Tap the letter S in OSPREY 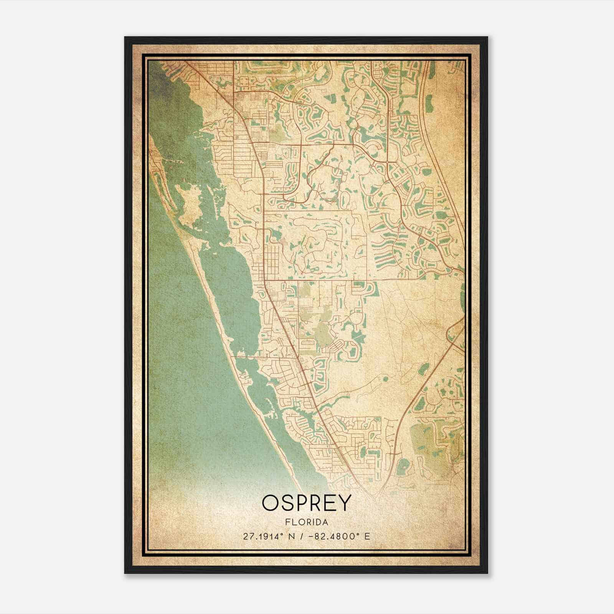288,503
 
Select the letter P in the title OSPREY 304,503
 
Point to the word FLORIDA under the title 307,522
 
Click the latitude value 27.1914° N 271,536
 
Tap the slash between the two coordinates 304,536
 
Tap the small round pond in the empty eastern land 385,380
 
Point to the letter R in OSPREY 318,503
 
